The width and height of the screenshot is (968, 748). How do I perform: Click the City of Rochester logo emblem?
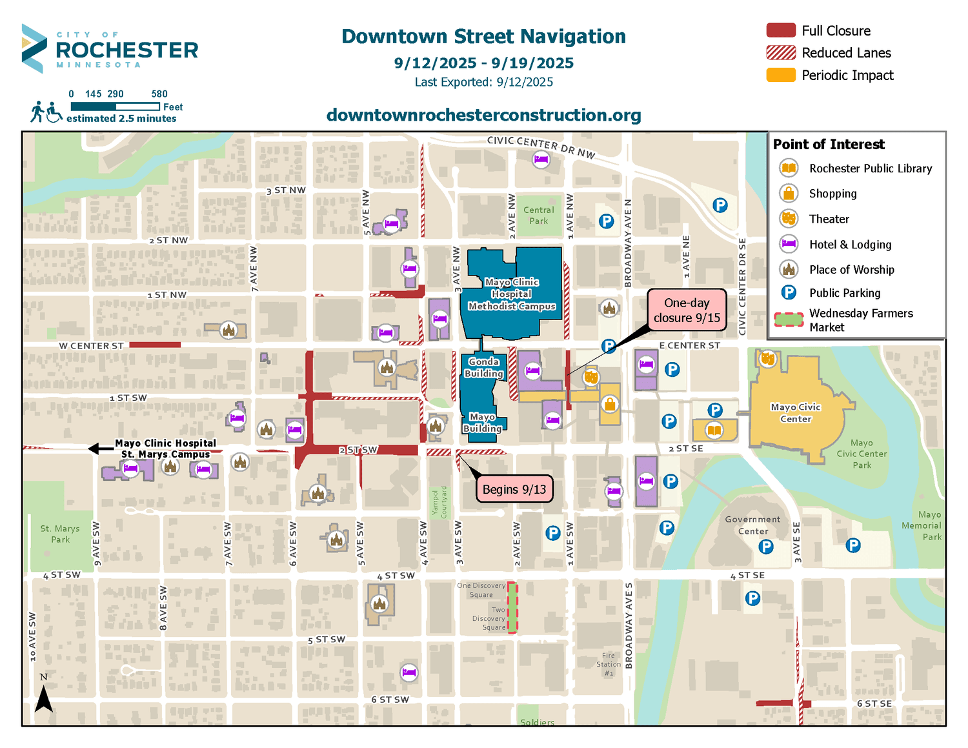pyautogui.click(x=34, y=48)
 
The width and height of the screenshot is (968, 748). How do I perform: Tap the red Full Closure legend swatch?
pyautogui.click(x=780, y=30)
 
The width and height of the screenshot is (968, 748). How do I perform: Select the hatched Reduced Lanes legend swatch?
pyautogui.click(x=780, y=53)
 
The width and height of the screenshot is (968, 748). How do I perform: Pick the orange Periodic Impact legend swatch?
pyautogui.click(x=780, y=75)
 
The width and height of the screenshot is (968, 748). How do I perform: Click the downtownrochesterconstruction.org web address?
pyautogui.click(x=483, y=115)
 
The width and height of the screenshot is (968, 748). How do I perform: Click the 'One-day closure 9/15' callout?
pyautogui.click(x=687, y=310)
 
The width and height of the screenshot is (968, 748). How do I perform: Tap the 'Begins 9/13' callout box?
pyautogui.click(x=514, y=490)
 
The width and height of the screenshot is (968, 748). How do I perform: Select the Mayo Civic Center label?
pyautogui.click(x=795, y=413)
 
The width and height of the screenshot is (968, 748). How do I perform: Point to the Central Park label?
pyautogui.click(x=538, y=216)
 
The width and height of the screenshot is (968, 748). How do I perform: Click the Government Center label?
pyautogui.click(x=752, y=525)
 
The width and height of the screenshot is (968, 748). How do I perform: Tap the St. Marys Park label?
pyautogui.click(x=60, y=534)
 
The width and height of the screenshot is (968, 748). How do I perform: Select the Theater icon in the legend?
pyautogui.click(x=788, y=219)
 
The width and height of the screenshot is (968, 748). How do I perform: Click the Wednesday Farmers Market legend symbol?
pyautogui.click(x=788, y=319)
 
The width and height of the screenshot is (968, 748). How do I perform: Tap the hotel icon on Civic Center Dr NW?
pyautogui.click(x=541, y=159)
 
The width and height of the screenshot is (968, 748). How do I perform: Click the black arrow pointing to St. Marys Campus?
pyautogui.click(x=100, y=449)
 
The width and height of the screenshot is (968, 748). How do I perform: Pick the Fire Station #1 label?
pyautogui.click(x=608, y=664)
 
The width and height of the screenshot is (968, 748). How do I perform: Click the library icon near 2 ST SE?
pyautogui.click(x=713, y=430)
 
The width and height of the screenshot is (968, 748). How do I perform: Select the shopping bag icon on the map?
pyautogui.click(x=609, y=405)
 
